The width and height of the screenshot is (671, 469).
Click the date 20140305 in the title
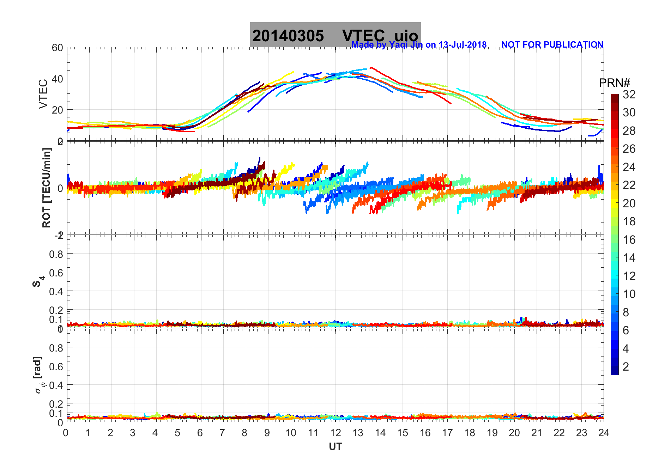tap(288, 36)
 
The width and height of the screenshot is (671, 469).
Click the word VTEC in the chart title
tap(363, 36)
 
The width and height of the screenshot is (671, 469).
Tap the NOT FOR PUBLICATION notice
tap(552, 45)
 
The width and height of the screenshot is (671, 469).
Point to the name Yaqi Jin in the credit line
tap(405, 45)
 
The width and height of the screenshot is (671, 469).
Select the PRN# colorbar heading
tap(615, 83)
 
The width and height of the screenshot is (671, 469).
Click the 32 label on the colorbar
tap(629, 95)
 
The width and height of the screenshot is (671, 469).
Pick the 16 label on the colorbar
tap(629, 240)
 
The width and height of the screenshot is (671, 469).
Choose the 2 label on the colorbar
tap(626, 367)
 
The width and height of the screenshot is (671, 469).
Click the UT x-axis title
tap(335, 447)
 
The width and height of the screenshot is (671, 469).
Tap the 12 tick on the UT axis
tap(335, 433)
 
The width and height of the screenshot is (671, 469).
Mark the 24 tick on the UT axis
tap(604, 433)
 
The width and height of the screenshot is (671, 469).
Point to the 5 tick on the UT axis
tap(177, 433)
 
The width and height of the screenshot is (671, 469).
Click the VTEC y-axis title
tap(43, 94)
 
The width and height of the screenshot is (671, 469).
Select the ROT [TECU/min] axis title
tap(46, 188)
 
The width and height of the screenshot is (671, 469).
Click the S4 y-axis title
tap(38, 281)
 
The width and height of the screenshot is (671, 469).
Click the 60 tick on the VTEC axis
tap(58, 48)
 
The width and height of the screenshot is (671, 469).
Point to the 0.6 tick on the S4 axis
tap(56, 273)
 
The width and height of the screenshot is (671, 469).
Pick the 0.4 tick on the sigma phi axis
tap(56, 385)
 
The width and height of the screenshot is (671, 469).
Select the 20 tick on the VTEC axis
tap(58, 110)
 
